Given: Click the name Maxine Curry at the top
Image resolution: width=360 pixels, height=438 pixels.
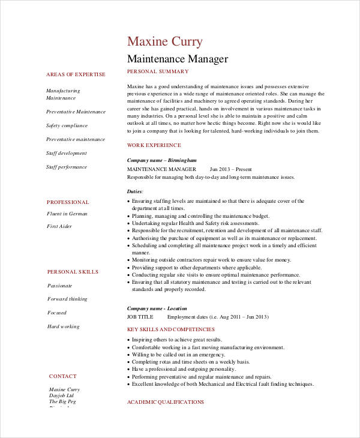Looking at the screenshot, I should [165, 41].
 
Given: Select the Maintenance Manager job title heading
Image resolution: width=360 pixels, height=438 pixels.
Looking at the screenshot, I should [178, 59].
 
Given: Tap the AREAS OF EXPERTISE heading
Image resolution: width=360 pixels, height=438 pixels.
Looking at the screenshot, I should [76, 74].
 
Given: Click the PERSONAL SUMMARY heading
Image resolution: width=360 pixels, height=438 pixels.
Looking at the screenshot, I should [158, 71].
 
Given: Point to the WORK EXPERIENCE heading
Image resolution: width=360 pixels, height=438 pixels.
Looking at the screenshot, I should [154, 145].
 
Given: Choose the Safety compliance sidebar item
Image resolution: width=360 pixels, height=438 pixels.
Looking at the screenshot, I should [67, 125].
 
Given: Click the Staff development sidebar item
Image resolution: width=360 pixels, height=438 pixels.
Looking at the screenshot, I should [67, 153].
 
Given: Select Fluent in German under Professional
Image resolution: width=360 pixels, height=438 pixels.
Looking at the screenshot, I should [67, 213].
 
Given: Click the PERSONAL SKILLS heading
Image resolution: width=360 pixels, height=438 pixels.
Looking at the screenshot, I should [73, 272].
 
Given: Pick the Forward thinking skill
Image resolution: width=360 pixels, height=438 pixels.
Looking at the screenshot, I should [67, 299].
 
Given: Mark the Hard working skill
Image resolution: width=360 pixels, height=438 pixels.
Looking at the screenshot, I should [63, 326].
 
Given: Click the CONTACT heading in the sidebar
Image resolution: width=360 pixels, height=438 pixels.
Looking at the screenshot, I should [63, 376].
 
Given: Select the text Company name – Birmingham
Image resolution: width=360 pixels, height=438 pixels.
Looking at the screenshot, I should [161, 160].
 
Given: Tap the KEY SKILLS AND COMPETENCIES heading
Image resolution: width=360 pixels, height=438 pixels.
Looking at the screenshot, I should [171, 329].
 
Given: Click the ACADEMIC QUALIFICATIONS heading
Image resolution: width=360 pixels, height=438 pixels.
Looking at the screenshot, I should [166, 402].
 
